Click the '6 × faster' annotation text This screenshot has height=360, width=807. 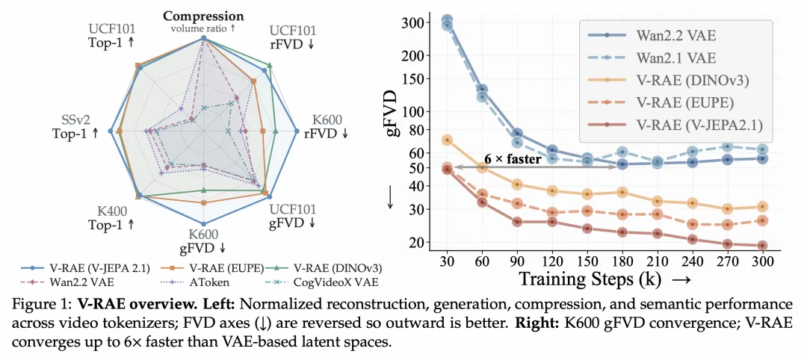click(513, 159)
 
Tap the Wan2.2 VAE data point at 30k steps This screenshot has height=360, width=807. click(448, 19)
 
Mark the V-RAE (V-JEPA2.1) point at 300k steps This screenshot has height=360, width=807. click(762, 246)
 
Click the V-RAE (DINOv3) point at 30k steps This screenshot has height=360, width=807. click(448, 140)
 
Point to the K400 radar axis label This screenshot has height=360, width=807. click(112, 211)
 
